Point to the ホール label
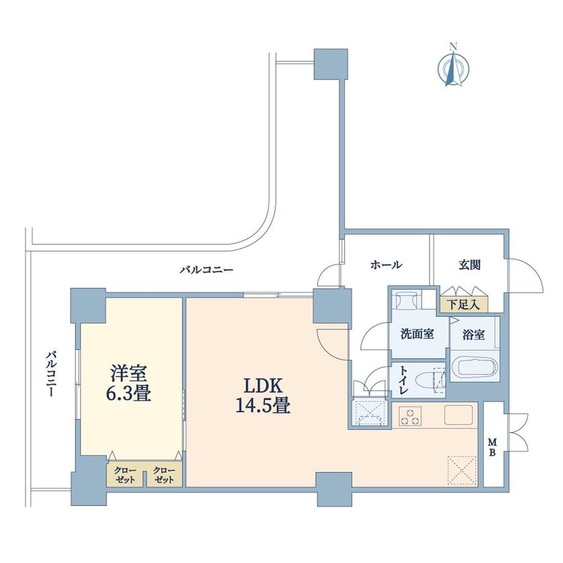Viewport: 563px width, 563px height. pos(386,265)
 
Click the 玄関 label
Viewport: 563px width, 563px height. pos(469,265)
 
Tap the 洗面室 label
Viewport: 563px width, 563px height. pos(417,335)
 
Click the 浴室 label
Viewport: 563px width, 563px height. pos(475,335)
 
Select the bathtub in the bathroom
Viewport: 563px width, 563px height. pos(475,368)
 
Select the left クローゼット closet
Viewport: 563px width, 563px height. pos(125,475)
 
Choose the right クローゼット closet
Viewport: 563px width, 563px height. pos(164,475)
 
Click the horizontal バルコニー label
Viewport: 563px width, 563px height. pos(206,269)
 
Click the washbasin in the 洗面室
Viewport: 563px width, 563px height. pos(405,302)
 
